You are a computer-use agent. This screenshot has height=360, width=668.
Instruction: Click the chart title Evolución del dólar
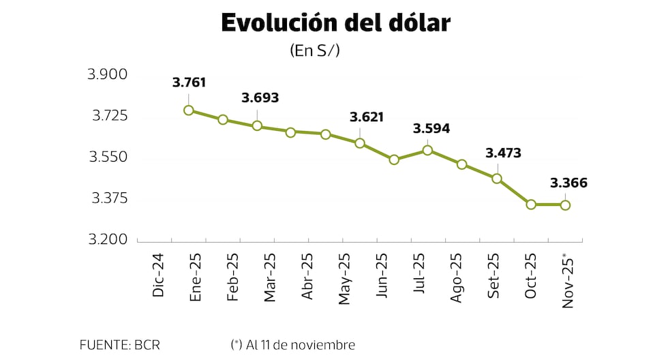point(335,22)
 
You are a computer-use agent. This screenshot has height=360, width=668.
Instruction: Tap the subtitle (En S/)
point(314,50)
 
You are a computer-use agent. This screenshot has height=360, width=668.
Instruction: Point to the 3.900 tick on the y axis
point(108,74)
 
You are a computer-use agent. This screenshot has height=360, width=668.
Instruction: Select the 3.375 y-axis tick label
point(108,198)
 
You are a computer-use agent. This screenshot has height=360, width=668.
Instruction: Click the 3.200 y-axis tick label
point(108,240)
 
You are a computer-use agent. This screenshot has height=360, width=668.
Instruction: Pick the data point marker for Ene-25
point(189,110)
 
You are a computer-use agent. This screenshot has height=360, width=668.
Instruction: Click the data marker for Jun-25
point(394,160)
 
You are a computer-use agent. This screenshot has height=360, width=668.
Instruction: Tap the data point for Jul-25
point(428,150)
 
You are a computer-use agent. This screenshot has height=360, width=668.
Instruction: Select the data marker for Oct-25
point(531,205)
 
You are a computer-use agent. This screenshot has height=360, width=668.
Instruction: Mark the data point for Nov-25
point(565,205)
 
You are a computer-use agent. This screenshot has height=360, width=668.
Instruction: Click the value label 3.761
point(189,83)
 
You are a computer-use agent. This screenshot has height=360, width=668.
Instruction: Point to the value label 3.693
point(260,98)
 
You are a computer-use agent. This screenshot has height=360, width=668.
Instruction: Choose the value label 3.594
point(431,129)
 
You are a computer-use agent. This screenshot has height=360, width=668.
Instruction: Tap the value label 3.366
point(568,183)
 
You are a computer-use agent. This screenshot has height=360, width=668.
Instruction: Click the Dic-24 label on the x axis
point(159,275)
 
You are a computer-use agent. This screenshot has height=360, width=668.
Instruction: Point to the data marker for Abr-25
point(290,132)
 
